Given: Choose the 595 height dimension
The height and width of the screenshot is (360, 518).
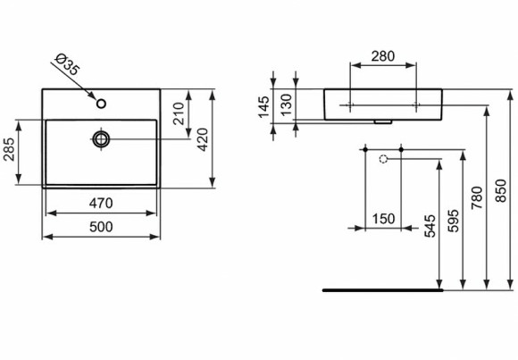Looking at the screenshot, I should pos(454,220).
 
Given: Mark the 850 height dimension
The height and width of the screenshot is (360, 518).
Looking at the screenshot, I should pos(500,189).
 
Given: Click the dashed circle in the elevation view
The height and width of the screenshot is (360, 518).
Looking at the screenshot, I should pos(384,159).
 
